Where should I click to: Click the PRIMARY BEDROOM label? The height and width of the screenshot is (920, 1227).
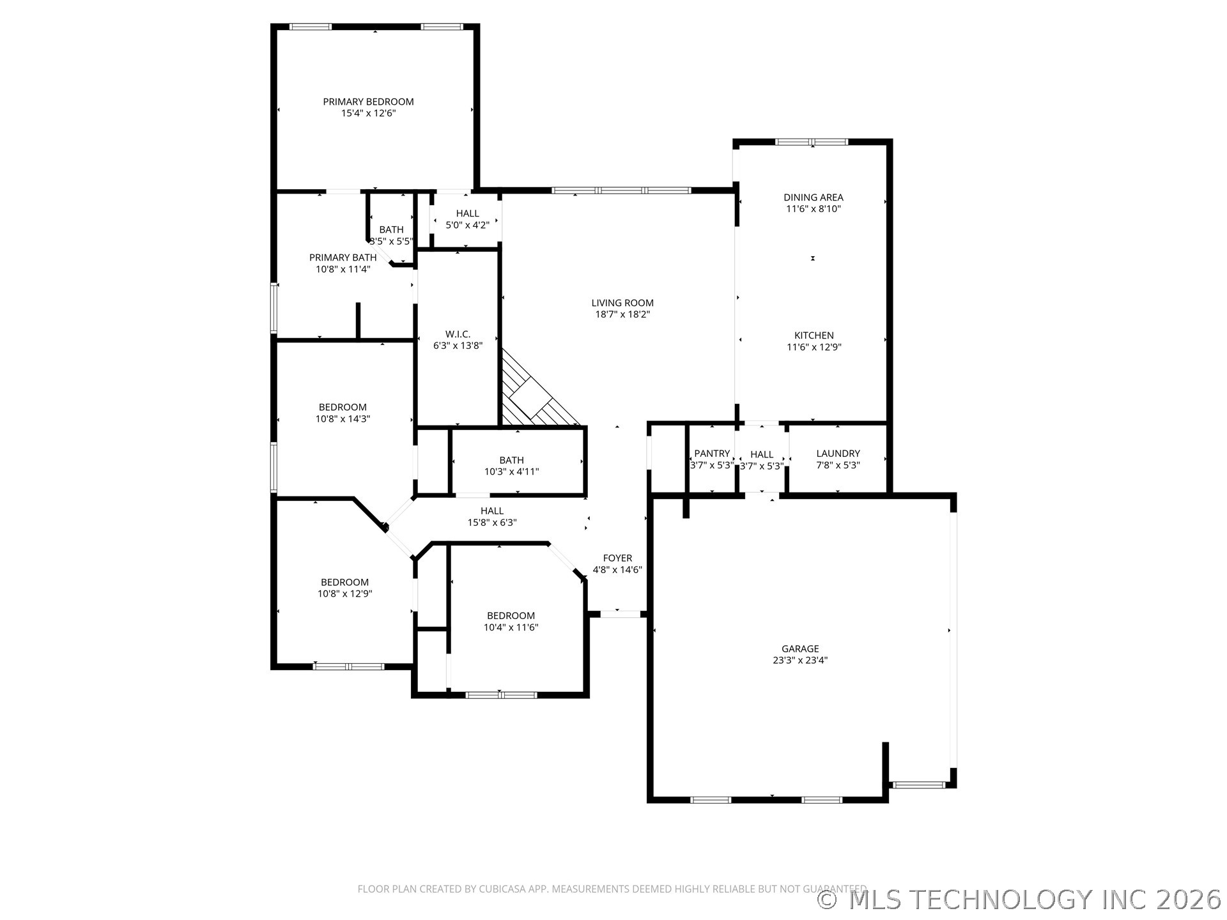click(368, 102)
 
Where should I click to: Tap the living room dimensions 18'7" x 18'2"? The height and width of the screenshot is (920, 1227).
click(622, 314)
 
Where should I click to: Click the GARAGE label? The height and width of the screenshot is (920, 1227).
click(799, 648)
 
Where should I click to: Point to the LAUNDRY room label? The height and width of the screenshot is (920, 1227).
click(838, 454)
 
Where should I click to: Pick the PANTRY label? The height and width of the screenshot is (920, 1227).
click(712, 454)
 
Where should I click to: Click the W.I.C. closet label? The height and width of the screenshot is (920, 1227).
click(458, 334)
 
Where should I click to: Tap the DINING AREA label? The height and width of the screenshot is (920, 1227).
click(813, 197)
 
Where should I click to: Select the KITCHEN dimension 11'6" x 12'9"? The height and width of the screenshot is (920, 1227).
click(814, 348)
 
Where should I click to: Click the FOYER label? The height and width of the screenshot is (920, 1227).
click(617, 558)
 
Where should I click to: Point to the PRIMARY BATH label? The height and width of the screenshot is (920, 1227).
click(343, 257)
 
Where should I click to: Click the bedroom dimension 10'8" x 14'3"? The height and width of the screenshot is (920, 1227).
click(343, 419)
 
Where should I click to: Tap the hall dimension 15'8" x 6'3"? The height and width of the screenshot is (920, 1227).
click(491, 523)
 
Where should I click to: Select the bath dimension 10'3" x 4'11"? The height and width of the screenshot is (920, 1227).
click(511, 472)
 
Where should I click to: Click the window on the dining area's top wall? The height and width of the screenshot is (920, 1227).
click(812, 142)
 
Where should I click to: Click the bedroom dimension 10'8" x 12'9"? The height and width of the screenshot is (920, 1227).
click(344, 594)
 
